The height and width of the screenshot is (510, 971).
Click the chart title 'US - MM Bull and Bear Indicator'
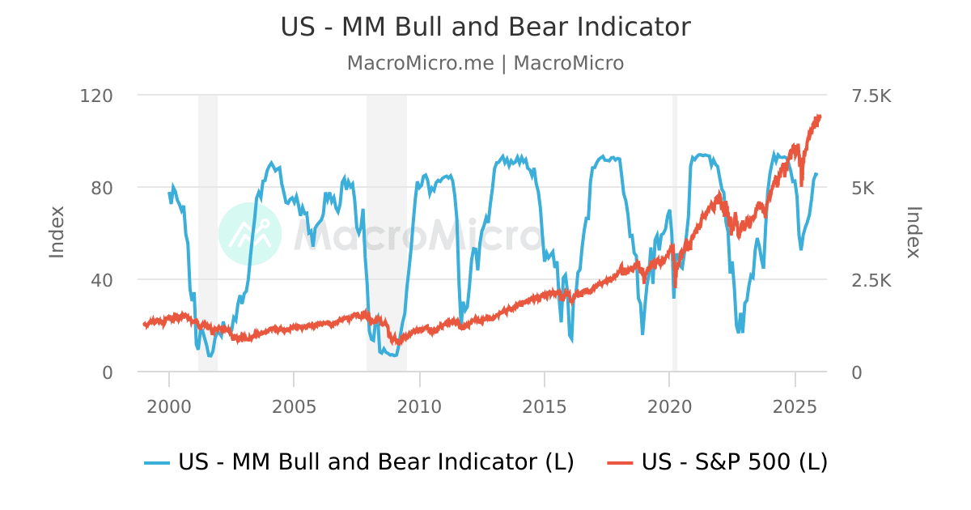click(485, 27)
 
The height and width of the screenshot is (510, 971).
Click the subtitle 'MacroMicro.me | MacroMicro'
click(485, 63)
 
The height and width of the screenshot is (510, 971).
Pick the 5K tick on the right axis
click(863, 188)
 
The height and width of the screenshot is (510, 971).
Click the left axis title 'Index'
click(57, 232)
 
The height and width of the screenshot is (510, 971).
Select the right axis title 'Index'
click(914, 232)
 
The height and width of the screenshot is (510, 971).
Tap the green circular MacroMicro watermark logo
click(250, 234)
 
